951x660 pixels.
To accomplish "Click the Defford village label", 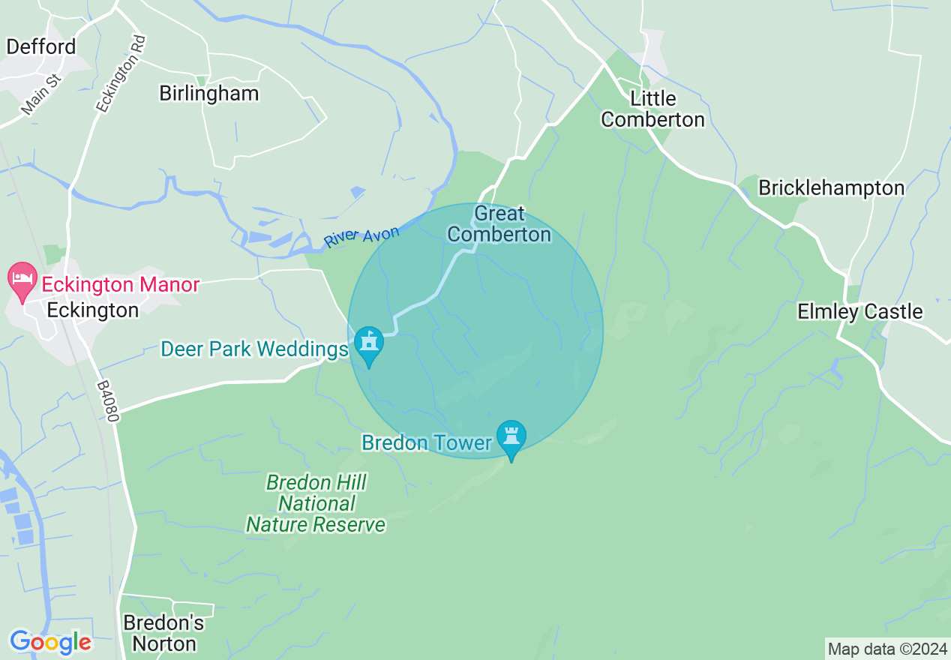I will (41, 46).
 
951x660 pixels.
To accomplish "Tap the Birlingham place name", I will (208, 93).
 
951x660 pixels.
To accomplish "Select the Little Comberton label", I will (652, 109).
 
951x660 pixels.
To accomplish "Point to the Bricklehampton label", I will (831, 187).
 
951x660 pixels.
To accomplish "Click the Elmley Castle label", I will (859, 311).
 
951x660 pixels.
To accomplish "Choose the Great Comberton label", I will (499, 224).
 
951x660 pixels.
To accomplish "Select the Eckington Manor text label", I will (120, 285).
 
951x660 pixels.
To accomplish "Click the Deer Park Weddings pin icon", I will (369, 344).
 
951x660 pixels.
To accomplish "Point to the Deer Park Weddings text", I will (255, 349).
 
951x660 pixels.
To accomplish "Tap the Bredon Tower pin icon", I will (511, 436).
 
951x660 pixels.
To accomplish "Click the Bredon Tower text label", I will (426, 442).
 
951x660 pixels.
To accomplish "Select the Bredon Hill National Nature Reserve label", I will (316, 503).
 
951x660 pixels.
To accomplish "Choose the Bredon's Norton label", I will (163, 633).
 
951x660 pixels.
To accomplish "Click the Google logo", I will (50, 642).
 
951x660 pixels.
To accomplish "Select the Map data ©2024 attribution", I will (887, 648).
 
